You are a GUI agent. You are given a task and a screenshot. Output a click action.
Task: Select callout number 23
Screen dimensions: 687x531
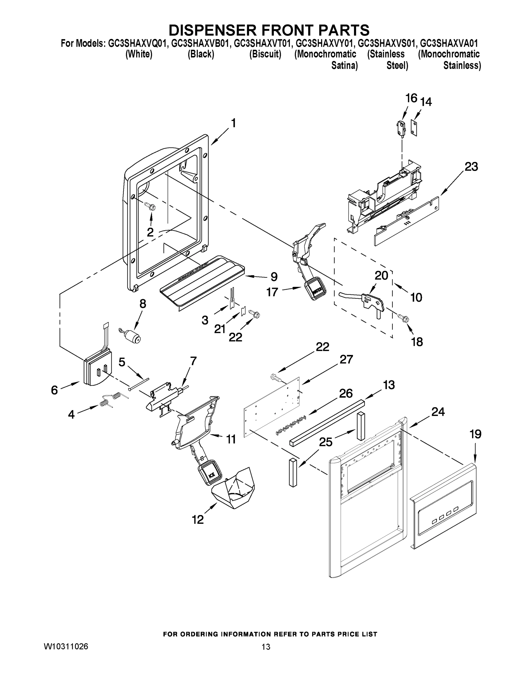[x=471, y=167]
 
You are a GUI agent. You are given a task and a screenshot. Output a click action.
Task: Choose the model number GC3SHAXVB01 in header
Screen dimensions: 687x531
[x=201, y=44]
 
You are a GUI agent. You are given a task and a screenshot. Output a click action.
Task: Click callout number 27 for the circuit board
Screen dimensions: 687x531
[x=346, y=359]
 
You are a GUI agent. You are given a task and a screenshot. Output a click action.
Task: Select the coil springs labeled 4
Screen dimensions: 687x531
[x=110, y=400]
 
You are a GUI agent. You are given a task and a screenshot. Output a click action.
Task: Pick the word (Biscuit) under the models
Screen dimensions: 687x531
[x=265, y=54]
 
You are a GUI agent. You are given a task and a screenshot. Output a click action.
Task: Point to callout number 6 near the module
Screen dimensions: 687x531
[x=54, y=390]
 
